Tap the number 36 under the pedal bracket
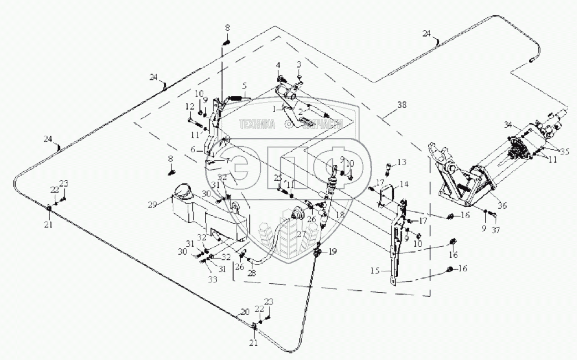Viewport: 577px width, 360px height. coord(502,205)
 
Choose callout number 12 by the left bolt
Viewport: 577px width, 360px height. coord(189,106)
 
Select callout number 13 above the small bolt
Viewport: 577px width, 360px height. coord(402,162)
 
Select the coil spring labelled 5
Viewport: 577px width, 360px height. coord(236,99)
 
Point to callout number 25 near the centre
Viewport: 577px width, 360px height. coord(277,177)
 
